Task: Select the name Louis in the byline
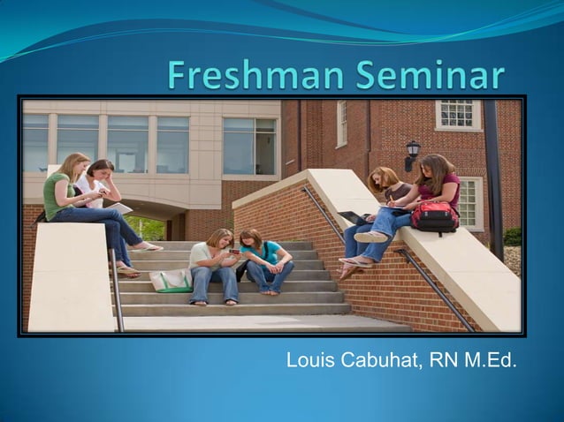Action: (309, 360)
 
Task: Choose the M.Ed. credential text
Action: (492, 360)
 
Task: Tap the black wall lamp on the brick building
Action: (412, 152)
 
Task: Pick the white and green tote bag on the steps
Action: (171, 280)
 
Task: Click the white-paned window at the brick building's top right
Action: (456, 115)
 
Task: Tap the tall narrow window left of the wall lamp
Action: (341, 124)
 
